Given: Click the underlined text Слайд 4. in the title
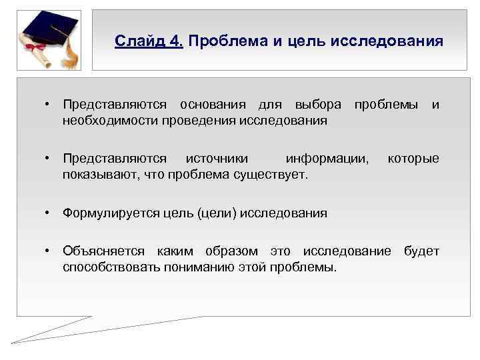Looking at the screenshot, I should pyautogui.click(x=148, y=42).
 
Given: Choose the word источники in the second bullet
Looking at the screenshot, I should pyautogui.click(x=217, y=159).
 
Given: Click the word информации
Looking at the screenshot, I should pyautogui.click(x=326, y=159).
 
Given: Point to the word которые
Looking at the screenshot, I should pyautogui.click(x=413, y=159).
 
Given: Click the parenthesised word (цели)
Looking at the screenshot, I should pyautogui.click(x=215, y=213).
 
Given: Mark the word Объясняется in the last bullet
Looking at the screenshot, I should pyautogui.click(x=103, y=251).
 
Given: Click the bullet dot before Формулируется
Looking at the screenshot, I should pyautogui.click(x=49, y=213).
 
